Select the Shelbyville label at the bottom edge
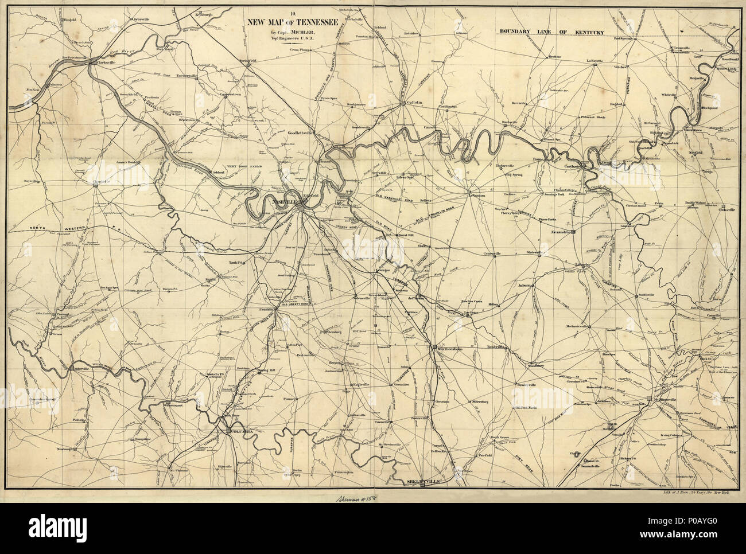click(422, 482)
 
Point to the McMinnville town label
click(667, 399)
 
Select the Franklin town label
click(265, 309)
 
